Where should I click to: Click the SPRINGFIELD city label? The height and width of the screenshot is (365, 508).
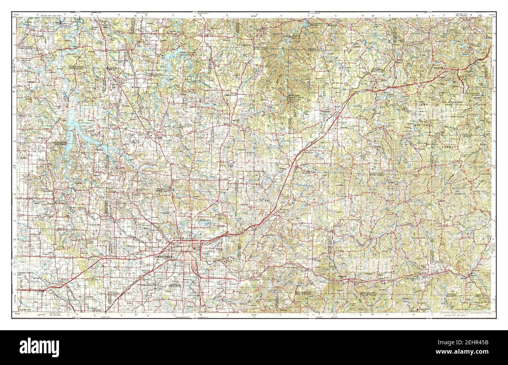pos(165,257)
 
